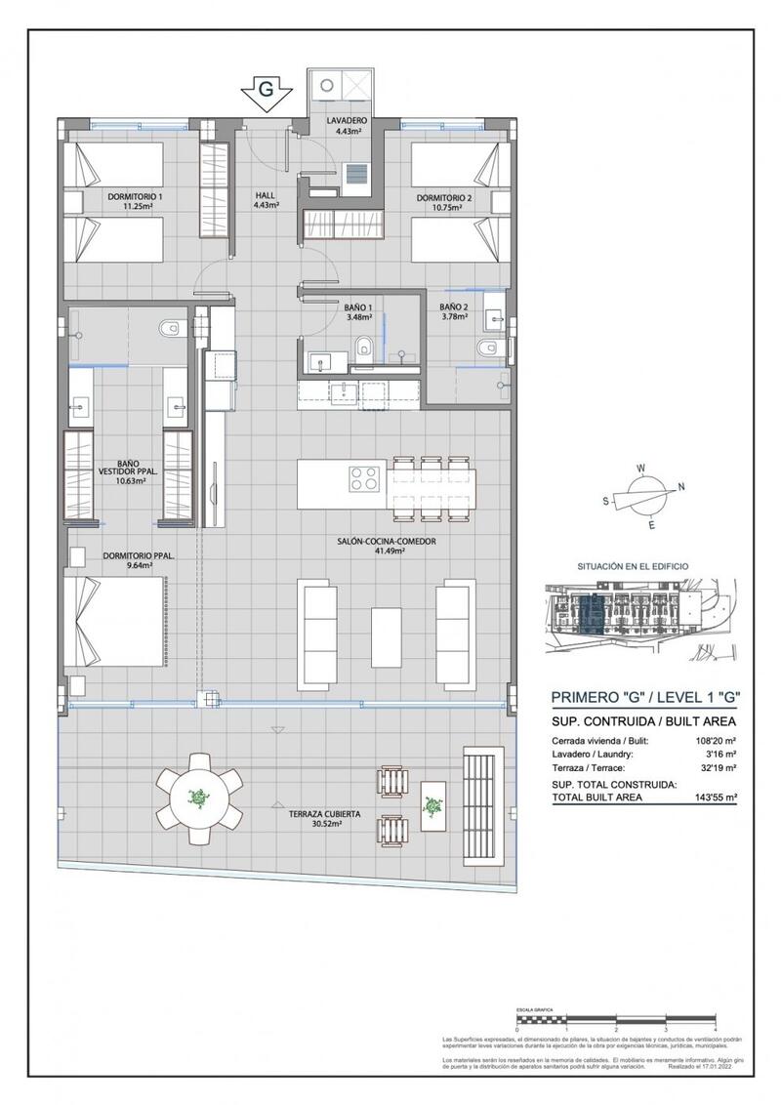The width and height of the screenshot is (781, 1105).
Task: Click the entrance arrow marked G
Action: click(265, 93)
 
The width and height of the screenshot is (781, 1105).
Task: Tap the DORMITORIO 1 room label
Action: click(135, 201)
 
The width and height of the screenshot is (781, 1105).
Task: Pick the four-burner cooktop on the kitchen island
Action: click(364, 479)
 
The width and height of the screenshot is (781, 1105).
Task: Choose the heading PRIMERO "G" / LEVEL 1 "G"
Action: click(644, 697)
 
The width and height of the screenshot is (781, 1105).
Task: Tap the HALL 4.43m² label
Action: click(266, 200)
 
